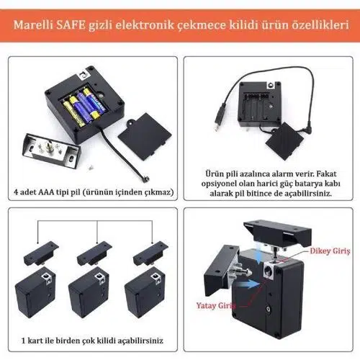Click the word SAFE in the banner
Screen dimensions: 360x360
point(71,25)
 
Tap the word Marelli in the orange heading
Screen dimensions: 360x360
point(33,25)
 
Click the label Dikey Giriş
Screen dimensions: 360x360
point(330,251)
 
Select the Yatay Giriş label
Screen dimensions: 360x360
point(215,305)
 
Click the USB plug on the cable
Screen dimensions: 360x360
point(219,117)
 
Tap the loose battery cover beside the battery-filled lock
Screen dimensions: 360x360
point(145,136)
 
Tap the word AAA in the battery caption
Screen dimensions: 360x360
point(47,192)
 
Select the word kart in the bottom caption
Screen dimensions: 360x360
point(35,341)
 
